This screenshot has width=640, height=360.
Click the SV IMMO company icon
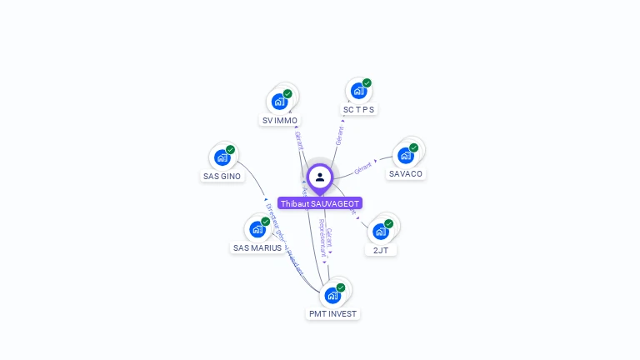click(x=279, y=102)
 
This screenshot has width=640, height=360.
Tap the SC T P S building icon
click(x=358, y=90)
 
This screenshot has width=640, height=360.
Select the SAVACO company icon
click(x=405, y=155)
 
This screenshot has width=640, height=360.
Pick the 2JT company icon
click(x=380, y=231)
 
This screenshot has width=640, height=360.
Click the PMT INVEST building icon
click(x=332, y=295)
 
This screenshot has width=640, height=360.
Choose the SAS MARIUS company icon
click(x=257, y=228)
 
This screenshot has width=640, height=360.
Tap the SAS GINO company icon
click(x=222, y=157)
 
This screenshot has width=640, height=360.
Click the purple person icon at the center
click(x=320, y=177)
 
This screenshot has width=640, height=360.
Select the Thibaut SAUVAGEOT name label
click(x=320, y=203)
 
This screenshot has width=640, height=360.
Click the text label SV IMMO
click(x=279, y=121)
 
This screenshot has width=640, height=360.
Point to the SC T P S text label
click(x=359, y=109)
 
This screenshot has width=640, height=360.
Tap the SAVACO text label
click(x=406, y=174)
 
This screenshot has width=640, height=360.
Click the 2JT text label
click(x=381, y=250)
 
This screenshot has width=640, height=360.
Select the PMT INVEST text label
click(x=332, y=314)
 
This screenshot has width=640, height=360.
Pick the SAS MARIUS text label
click(x=257, y=247)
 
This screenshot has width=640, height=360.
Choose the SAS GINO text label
click(x=222, y=176)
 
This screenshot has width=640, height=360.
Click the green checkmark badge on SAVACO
click(x=413, y=147)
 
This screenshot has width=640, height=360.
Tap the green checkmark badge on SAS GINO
click(x=230, y=150)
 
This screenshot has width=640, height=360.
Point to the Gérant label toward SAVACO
click(x=362, y=167)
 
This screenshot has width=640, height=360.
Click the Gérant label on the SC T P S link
click(x=339, y=136)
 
